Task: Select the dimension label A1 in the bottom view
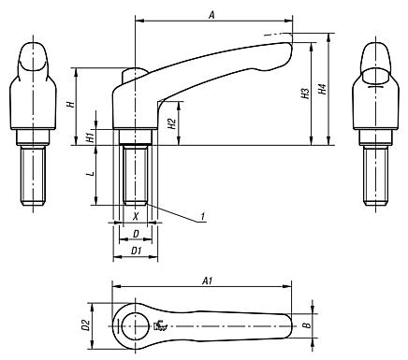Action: pos(209,279)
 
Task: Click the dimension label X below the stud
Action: pos(136,214)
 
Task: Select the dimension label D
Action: pos(136,233)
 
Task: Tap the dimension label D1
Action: pos(136,250)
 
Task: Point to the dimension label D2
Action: pos(84,324)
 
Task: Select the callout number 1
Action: pos(202,219)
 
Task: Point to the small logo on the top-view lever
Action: pos(160,325)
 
